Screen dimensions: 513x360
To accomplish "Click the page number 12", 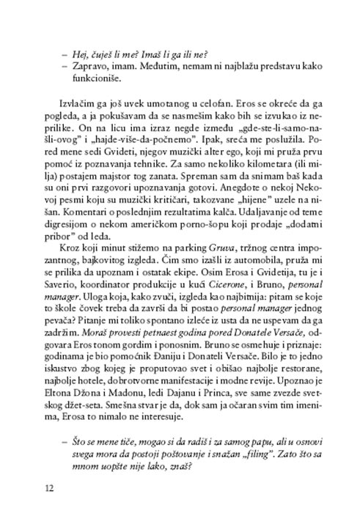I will (49, 487).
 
